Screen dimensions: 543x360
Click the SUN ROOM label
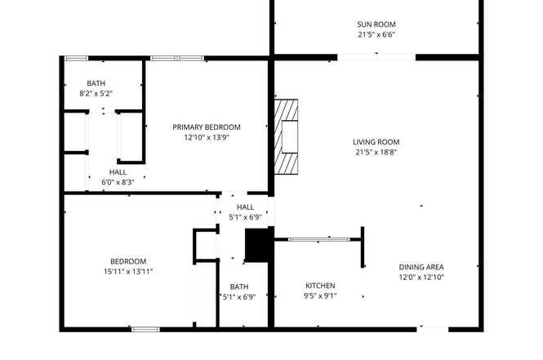pos(376,24)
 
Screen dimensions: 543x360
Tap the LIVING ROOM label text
pos(376,142)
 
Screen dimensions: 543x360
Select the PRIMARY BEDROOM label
pos(207,127)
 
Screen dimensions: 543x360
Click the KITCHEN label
pos(320,286)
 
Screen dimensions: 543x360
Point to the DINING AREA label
pos(421,267)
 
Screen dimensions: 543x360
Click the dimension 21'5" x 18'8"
pos(376,152)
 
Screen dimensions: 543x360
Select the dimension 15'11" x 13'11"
pos(128,271)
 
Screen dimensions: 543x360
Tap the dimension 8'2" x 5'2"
pos(96,93)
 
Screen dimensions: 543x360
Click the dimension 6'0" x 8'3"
pos(118,182)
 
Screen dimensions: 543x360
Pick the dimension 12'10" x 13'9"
pos(207,137)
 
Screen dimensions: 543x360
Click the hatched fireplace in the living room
pos(286,136)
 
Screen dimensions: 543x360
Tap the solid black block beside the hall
pos(258,245)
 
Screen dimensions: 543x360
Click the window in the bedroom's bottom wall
pos(146,329)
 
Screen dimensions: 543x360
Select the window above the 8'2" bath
pos(77,58)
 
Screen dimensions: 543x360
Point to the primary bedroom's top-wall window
pos(177,58)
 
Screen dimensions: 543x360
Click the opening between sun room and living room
pos(376,57)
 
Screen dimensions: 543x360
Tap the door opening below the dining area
pos(433,329)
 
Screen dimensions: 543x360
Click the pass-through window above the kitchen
pos(319,239)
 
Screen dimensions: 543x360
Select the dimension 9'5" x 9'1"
pos(320,296)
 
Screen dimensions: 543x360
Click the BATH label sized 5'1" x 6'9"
pos(239,287)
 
